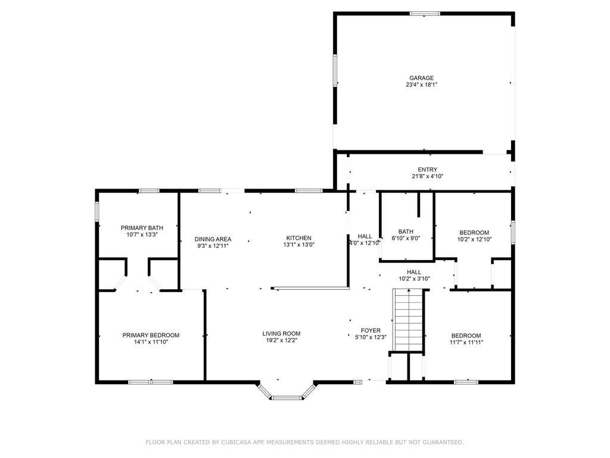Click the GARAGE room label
[421, 78]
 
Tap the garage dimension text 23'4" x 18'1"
[421, 85]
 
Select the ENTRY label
[428, 169]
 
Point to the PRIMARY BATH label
[142, 228]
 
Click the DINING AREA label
[213, 239]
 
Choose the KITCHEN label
[299, 238]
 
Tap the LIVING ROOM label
[281, 333]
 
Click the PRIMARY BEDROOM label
[151, 335]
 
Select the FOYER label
[371, 330]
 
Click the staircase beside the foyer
[407, 320]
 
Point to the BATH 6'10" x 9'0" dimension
[406, 239]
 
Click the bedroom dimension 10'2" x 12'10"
[474, 240]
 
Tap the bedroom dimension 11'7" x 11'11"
[466, 342]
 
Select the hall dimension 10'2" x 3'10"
[415, 279]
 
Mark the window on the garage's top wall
[425, 14]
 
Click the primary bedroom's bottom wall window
[151, 382]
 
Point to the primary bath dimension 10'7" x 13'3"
[142, 234]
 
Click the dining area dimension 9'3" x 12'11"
[213, 246]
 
